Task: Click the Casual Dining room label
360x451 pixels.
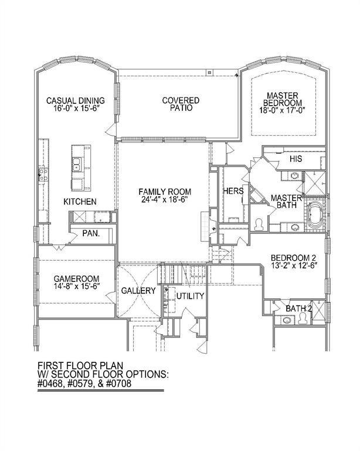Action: pos(76,100)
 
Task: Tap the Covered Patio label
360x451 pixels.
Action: pos(181,104)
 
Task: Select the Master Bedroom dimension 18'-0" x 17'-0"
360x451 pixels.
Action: pos(282,110)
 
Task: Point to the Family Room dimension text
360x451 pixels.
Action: pos(165,199)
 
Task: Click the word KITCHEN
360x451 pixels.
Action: pos(80,201)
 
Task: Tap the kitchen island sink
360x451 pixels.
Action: pos(76,164)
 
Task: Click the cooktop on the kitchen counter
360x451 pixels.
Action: pos(43,175)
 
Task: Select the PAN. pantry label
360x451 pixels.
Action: pos(91,233)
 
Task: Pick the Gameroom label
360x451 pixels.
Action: pos(76,279)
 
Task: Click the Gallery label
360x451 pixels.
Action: pos(138,291)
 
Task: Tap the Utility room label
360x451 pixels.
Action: pos(190,296)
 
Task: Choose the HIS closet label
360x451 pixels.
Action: pos(296,159)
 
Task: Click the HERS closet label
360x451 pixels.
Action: pos(233,191)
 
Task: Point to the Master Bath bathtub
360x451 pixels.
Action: pos(314,214)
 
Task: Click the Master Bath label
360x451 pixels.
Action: pos(287,201)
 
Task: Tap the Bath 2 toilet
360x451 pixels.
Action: pos(303,318)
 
